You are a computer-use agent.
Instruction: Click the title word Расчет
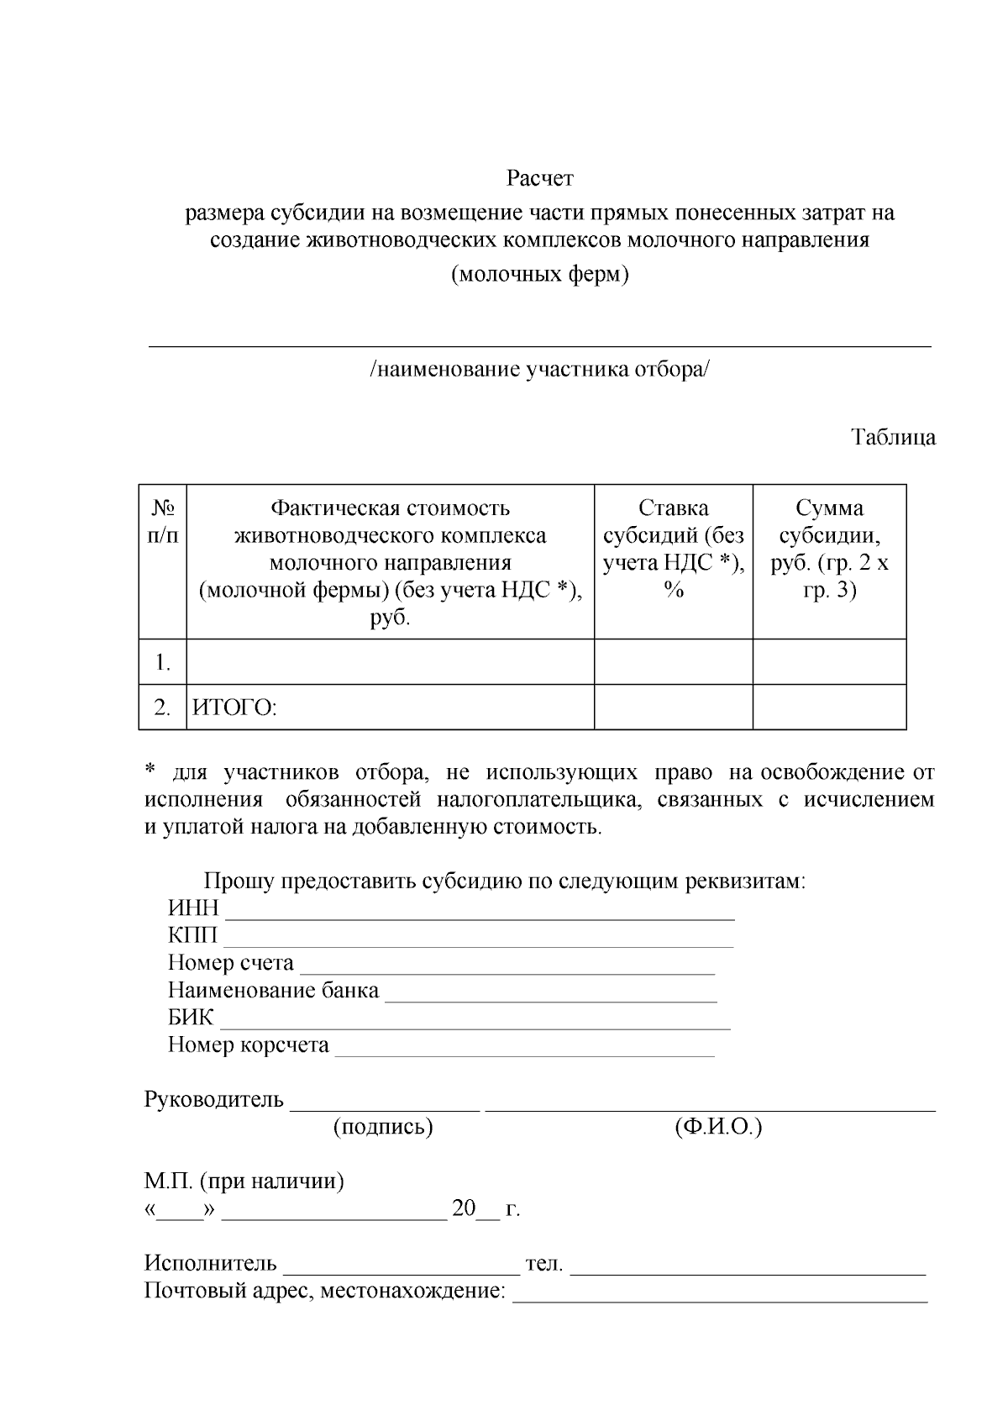click(x=539, y=179)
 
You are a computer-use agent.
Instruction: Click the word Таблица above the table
click(x=893, y=438)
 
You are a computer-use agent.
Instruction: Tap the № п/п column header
click(x=162, y=521)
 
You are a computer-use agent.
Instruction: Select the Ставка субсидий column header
click(x=673, y=549)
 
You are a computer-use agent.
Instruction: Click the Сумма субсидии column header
click(x=829, y=549)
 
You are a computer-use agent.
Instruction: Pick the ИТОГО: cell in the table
click(x=235, y=708)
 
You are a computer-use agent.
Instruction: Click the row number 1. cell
click(x=162, y=663)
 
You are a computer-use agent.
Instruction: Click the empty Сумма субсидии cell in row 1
click(x=829, y=662)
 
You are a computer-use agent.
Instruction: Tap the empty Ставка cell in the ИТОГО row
click(x=673, y=708)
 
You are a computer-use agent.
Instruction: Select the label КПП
click(x=192, y=936)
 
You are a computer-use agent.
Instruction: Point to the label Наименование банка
click(x=273, y=991)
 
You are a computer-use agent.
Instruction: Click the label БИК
click(x=191, y=1018)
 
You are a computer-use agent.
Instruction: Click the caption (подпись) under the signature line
click(x=383, y=1128)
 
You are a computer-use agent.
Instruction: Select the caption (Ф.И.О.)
click(x=717, y=1128)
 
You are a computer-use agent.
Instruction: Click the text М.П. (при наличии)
click(x=244, y=1182)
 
